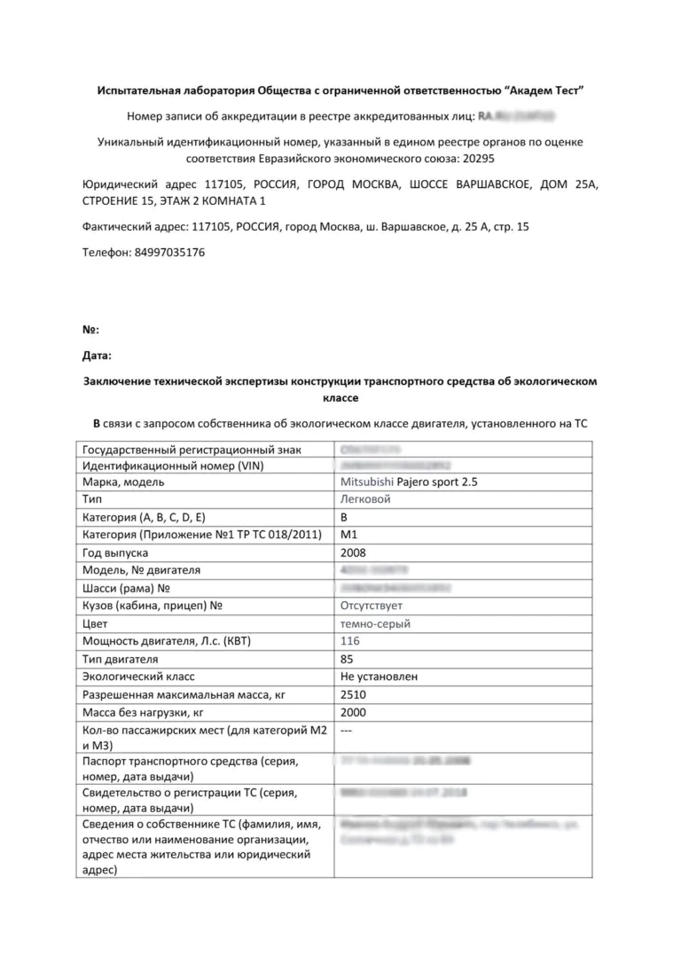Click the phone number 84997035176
coord(169,252)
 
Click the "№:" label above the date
coord(90,329)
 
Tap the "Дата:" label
coord(98,356)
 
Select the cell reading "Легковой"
coord(365,499)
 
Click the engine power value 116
coord(350,641)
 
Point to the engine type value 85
coord(348,659)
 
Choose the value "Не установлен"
coord(380,677)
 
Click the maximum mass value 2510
coord(353,694)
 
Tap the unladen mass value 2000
coord(353,712)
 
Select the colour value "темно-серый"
coord(375,623)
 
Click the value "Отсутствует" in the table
coord(372,606)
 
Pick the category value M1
coord(348,535)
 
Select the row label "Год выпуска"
coord(115,552)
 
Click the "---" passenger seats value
coord(348,730)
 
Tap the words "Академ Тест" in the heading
coord(545,91)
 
